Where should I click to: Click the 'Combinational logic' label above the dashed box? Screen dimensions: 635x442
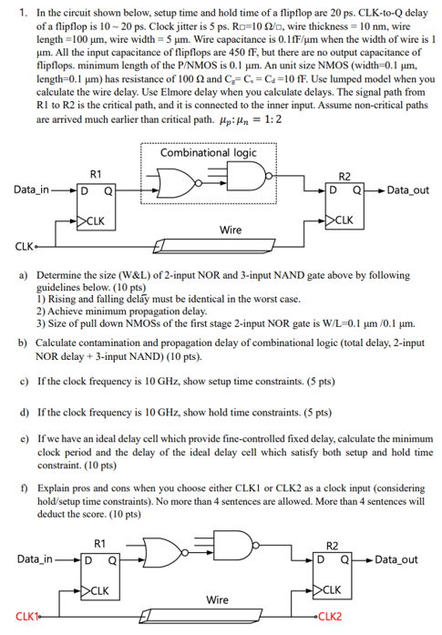pos(208,153)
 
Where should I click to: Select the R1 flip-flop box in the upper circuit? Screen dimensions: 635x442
pos(97,206)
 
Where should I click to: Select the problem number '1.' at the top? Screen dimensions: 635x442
pos(24,13)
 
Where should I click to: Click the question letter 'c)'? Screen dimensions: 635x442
pos(24,380)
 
